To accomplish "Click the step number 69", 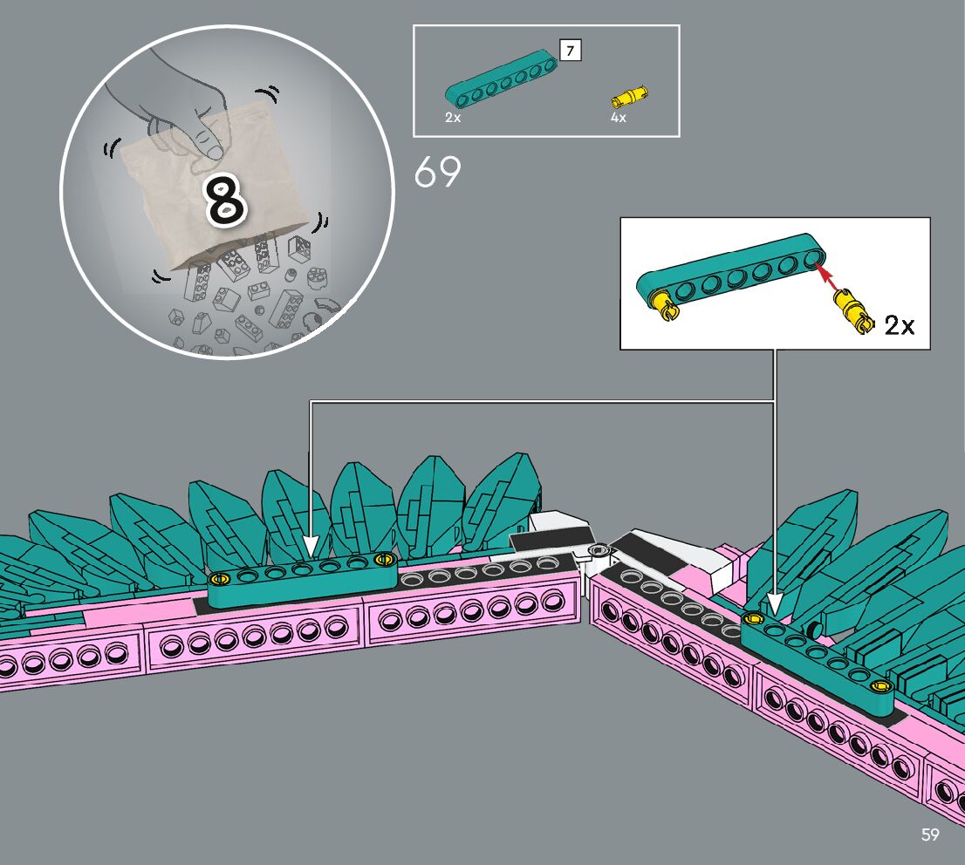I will [437, 172].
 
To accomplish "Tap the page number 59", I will [930, 835].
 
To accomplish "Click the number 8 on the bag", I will [225, 197].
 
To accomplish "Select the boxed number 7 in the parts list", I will [570, 51].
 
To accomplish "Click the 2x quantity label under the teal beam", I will [452, 118].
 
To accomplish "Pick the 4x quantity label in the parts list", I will [618, 118].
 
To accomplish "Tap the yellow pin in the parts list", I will [632, 95].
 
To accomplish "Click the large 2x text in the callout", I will [899, 326].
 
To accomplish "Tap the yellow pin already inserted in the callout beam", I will [662, 301].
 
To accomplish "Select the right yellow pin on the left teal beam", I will [380, 559].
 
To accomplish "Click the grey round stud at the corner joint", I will [599, 550].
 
